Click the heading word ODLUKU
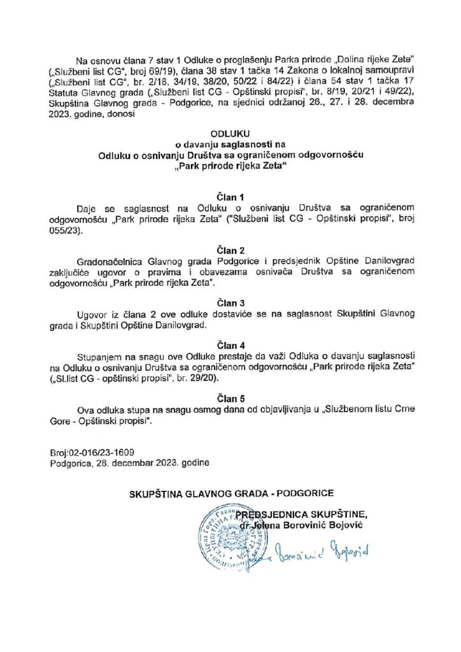pos(230,133)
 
